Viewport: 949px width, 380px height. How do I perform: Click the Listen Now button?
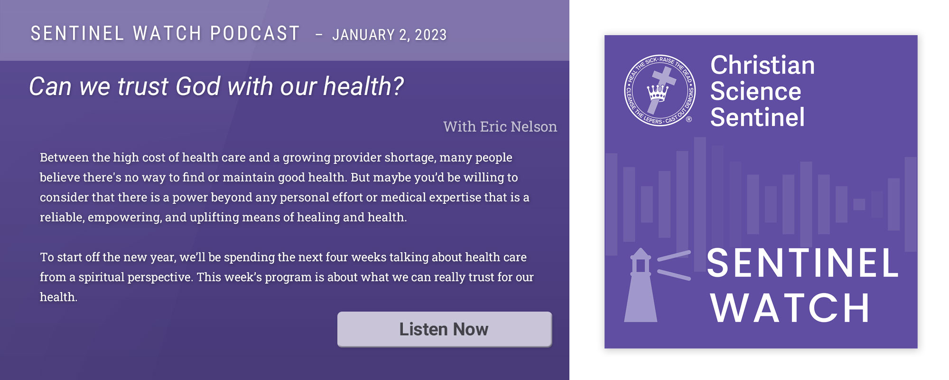pos(444,329)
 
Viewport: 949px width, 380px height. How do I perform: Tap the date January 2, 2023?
pos(390,35)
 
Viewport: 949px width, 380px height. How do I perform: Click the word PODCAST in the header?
pos(255,33)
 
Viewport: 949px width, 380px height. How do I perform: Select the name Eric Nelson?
pos(519,126)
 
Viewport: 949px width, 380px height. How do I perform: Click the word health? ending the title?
pos(363,86)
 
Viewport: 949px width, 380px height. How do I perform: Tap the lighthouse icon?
pos(641,285)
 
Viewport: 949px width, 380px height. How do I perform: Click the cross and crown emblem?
pos(660,90)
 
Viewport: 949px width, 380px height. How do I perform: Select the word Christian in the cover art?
pos(763,65)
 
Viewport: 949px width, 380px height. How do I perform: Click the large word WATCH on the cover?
pos(790,308)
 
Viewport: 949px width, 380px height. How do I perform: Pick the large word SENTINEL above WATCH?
pos(802,263)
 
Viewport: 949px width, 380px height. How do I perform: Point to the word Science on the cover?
pos(756,91)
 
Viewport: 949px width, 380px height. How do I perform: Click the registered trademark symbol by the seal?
pos(689,119)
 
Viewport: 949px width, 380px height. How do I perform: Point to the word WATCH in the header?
pos(167,33)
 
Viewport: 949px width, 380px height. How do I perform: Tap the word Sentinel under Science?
pos(757,117)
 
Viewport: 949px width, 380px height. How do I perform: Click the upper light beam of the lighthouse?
pos(674,256)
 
